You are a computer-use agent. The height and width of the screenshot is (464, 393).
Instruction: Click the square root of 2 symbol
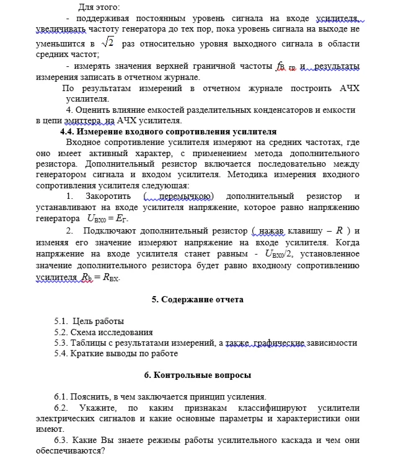pos(109,43)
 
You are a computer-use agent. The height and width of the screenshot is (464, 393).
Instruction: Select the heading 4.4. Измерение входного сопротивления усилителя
pos(167,131)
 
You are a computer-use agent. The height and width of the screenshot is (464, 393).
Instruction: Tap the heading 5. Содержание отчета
pos(197,299)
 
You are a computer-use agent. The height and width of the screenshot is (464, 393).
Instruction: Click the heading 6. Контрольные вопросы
pos(197,375)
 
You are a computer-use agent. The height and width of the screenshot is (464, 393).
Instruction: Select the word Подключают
pos(135,231)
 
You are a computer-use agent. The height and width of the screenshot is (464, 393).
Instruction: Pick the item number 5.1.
pos(61,321)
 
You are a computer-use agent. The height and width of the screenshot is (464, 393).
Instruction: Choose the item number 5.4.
pos(61,354)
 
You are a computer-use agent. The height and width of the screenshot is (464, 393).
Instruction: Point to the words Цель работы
pos(99,321)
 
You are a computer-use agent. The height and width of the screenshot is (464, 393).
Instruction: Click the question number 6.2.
pos(62,407)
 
